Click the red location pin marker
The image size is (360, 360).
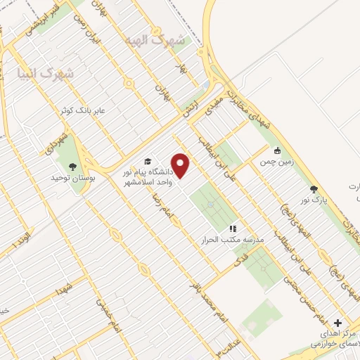point(181,165)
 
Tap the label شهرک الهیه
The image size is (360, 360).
point(153,39)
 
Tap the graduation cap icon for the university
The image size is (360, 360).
point(148,161)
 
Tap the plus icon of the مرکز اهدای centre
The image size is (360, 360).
point(340,322)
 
